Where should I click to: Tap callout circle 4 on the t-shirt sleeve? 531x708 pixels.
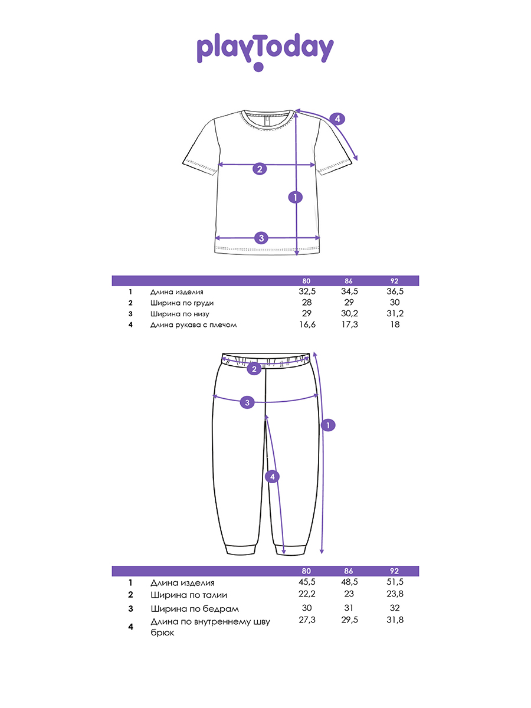tap(337, 119)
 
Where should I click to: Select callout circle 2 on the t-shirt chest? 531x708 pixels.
tap(260, 169)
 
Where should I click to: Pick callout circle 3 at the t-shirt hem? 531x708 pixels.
tap(262, 238)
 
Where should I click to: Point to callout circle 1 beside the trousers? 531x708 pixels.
tap(329, 425)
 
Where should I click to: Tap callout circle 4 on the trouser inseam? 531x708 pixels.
tap(272, 477)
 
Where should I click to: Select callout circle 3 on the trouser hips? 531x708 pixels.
tap(248, 402)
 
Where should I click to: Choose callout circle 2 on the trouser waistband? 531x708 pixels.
tap(254, 369)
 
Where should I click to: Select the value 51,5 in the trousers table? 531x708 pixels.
tap(395, 583)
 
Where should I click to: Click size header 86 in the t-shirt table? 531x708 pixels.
tap(349, 281)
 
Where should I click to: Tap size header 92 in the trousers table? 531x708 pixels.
tap(395, 571)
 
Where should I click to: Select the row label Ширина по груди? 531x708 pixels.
tap(181, 303)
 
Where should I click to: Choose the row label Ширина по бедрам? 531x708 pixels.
tap(195, 609)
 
